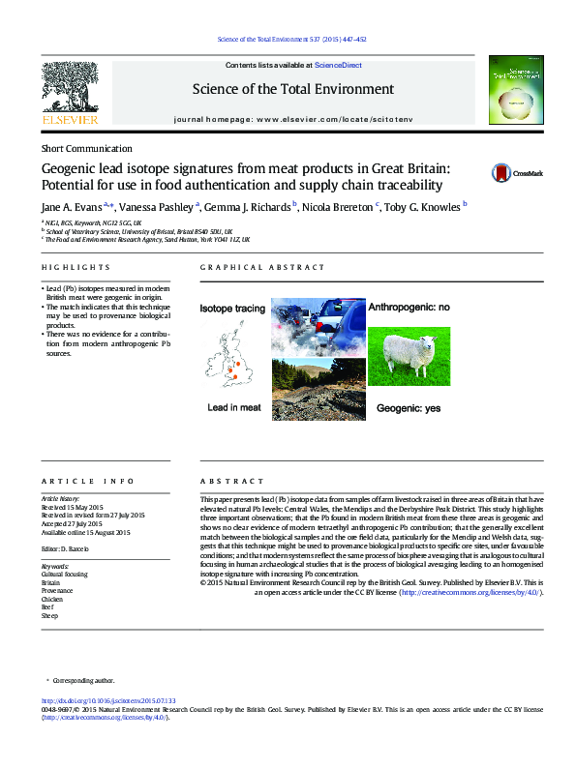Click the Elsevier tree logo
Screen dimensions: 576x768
tap(71, 92)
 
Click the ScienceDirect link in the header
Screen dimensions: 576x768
tap(339, 65)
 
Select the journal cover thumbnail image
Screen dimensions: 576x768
tap(509, 93)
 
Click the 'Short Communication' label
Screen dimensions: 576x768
tap(86, 149)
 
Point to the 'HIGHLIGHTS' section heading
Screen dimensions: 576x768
tap(76, 266)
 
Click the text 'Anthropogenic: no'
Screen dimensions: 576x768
tap(409, 307)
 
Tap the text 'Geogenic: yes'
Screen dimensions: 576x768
tap(408, 408)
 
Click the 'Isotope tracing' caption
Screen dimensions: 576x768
tap(232, 309)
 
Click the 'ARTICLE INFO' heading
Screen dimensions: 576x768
tap(80, 481)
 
